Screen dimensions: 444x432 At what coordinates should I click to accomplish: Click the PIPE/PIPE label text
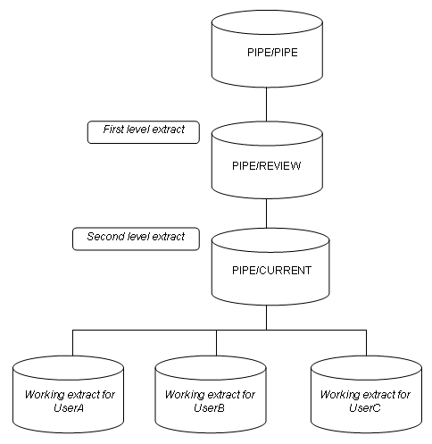coord(272,53)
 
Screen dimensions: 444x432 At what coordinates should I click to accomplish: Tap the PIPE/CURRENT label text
coord(267,271)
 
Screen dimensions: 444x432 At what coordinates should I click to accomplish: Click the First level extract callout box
coord(142,131)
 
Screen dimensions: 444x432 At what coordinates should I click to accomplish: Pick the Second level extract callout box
coord(136,239)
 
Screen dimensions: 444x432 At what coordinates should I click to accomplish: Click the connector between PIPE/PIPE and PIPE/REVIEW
coord(267,106)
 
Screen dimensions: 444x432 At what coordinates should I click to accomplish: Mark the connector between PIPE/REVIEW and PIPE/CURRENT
coord(267,214)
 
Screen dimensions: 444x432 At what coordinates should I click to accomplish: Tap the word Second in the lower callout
coord(105,238)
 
